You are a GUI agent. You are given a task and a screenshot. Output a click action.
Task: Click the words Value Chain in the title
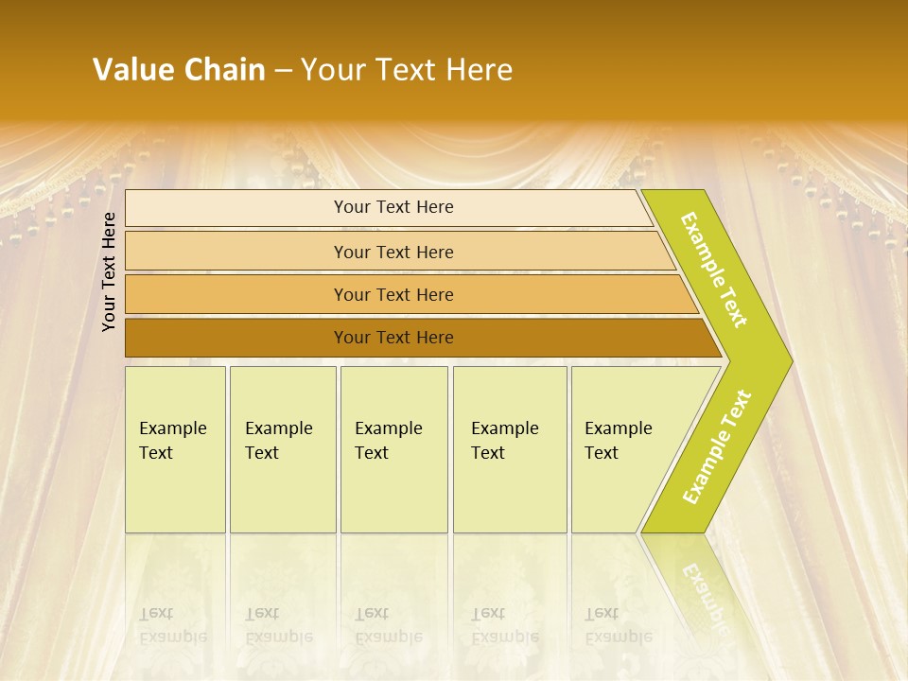click(179, 69)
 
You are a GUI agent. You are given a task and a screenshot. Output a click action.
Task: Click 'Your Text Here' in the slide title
click(407, 69)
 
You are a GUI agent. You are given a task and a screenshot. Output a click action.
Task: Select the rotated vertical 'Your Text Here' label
click(109, 271)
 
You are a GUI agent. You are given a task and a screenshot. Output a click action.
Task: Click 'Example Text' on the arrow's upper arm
click(714, 270)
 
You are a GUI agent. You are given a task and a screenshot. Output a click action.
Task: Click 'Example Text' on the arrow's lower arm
click(716, 447)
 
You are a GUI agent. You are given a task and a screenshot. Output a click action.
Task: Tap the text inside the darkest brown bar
click(393, 338)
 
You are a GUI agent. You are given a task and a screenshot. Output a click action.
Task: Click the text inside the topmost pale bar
click(393, 207)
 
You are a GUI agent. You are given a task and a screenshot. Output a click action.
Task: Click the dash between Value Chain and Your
click(283, 70)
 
